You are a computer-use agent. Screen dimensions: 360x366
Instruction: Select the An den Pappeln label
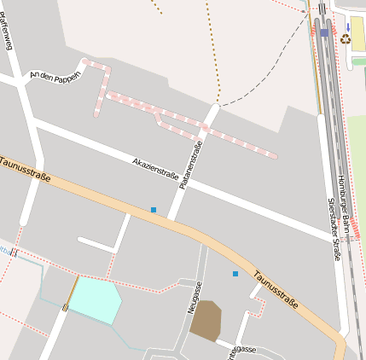coord(55,76)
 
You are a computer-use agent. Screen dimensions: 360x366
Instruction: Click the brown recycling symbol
coord(346,38)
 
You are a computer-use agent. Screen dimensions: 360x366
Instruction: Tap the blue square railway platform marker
coord(324,32)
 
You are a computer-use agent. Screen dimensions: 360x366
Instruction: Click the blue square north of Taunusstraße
coord(154,209)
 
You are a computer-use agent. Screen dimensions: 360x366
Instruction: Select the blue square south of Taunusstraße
coord(235,273)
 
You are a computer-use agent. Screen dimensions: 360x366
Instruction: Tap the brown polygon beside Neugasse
coord(206,322)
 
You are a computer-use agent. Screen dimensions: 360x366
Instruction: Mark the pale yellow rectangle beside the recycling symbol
coord(357,35)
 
